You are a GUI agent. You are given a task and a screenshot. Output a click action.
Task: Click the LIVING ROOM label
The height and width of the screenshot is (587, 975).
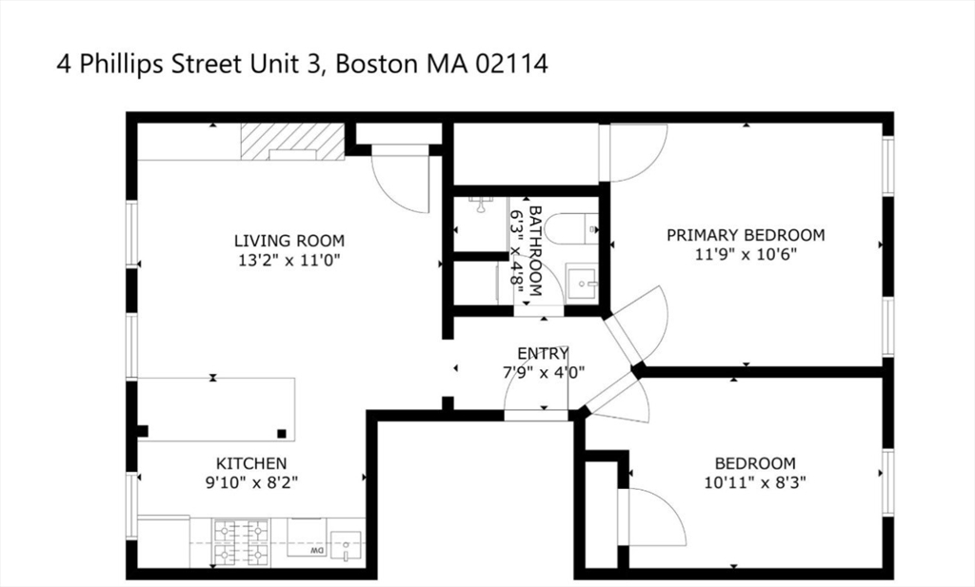(x=289, y=241)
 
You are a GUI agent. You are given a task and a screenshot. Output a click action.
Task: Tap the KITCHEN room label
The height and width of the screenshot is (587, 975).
(x=251, y=463)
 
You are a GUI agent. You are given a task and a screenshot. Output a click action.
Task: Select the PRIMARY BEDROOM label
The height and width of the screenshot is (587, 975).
(x=746, y=235)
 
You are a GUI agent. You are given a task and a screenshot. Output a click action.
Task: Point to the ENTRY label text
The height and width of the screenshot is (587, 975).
(x=543, y=354)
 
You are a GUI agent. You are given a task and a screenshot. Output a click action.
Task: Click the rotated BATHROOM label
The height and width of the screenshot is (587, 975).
(x=535, y=251)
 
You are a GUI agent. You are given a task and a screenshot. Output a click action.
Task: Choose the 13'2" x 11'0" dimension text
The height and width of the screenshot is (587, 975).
(x=289, y=260)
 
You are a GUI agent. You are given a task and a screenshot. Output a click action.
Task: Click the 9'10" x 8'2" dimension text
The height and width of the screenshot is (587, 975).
(x=251, y=482)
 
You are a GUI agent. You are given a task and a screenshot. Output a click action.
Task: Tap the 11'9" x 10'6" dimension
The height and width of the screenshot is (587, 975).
(x=746, y=254)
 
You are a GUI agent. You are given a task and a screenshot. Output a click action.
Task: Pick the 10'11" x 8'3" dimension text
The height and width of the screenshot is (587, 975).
(x=755, y=482)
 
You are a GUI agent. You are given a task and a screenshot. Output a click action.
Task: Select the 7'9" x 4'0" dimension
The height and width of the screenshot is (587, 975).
(x=543, y=373)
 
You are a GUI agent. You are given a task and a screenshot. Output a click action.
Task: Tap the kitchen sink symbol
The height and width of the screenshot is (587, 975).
(x=345, y=547)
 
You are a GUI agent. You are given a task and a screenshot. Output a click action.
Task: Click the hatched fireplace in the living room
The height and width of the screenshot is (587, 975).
(x=292, y=142)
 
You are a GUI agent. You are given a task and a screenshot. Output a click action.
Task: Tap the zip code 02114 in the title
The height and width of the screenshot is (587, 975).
(x=511, y=64)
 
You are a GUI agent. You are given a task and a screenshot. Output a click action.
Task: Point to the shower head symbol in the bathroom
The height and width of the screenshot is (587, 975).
(x=480, y=205)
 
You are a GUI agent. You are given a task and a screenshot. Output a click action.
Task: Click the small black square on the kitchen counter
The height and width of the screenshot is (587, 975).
(x=282, y=433)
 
